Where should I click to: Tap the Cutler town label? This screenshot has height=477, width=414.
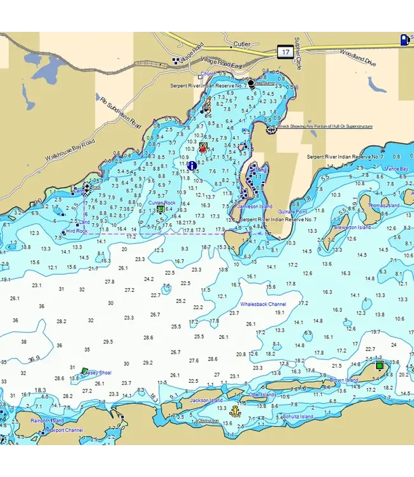(x=241, y=45)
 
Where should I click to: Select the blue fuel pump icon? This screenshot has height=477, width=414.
(x=405, y=39)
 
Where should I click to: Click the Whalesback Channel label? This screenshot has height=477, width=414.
(x=263, y=305)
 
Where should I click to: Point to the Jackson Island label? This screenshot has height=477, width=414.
(x=207, y=401)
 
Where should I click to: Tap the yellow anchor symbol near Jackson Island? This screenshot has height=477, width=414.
(x=235, y=411)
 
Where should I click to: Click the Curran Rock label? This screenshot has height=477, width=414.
(x=161, y=203)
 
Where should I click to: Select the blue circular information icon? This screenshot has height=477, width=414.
(x=192, y=166)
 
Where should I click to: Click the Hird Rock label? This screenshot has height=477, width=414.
(x=76, y=231)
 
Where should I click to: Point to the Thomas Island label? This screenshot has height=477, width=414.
(x=384, y=206)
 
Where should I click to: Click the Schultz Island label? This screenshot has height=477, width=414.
(x=297, y=417)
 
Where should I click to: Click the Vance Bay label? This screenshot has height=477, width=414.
(x=396, y=169)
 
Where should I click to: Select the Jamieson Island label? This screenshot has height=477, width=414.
(x=254, y=207)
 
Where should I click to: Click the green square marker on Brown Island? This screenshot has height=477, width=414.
(x=380, y=366)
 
